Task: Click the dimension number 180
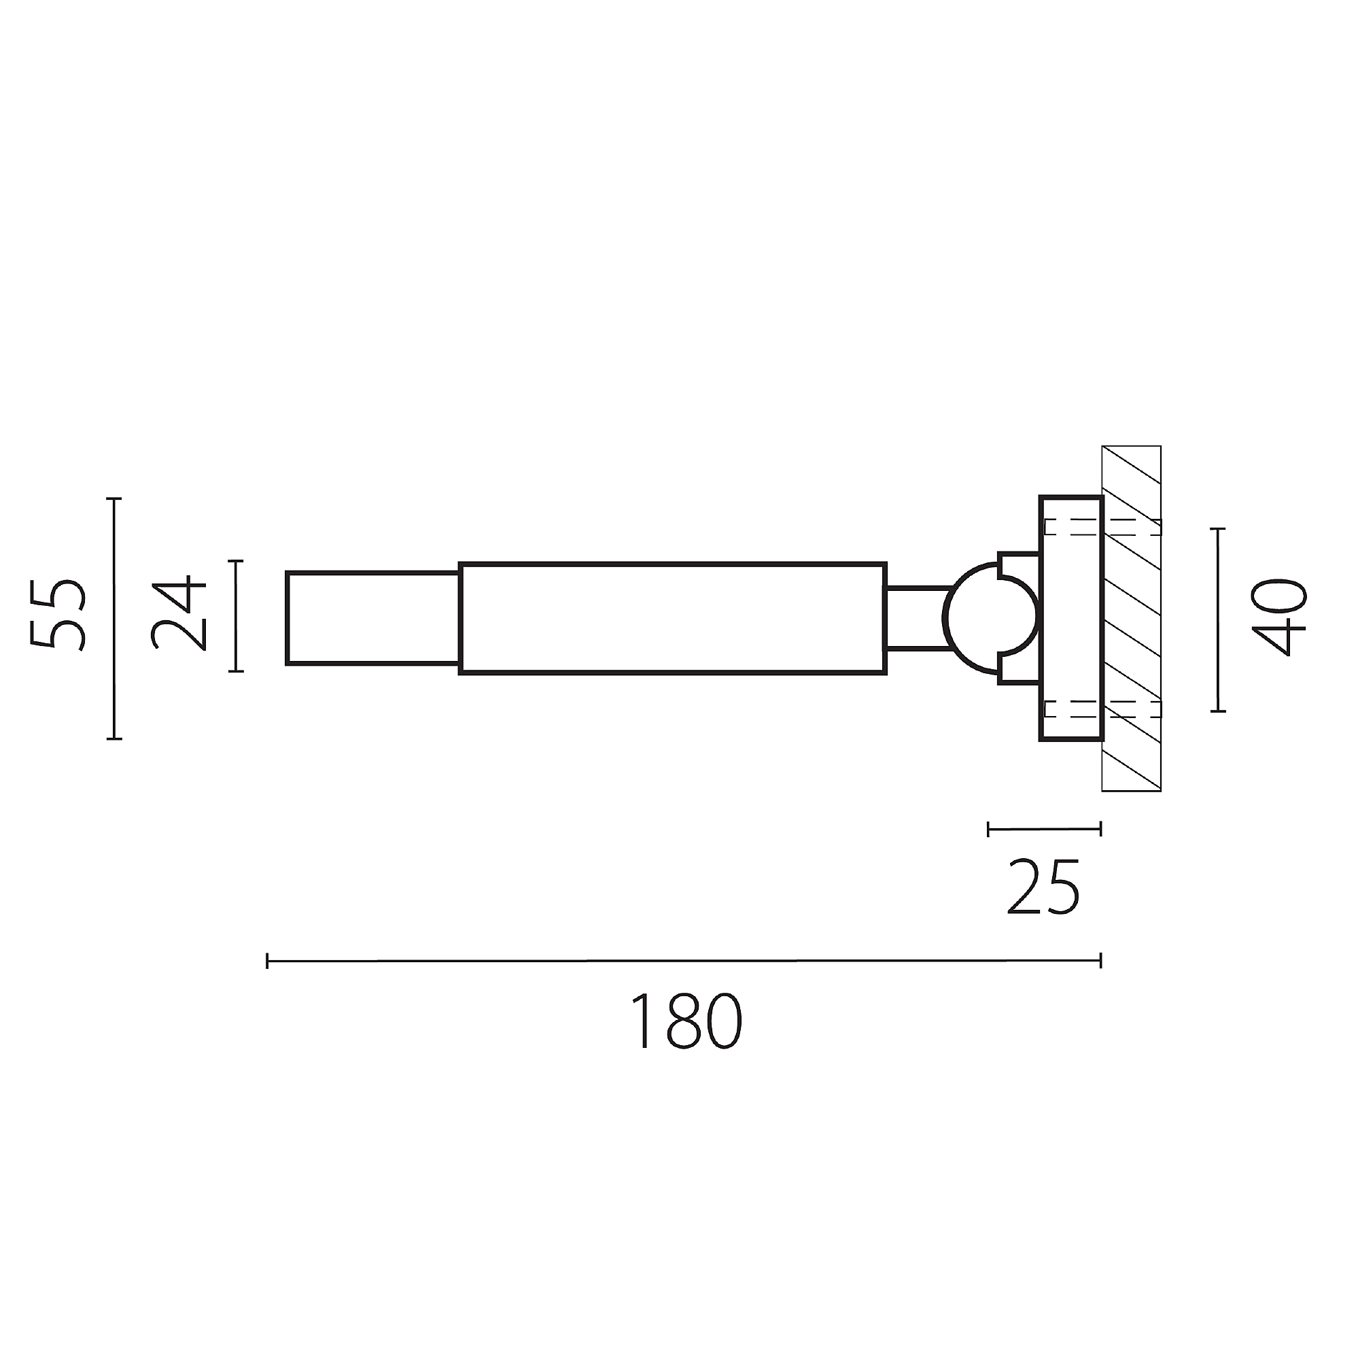coord(686,1021)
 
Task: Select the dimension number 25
coord(1043,887)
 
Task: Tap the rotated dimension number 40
coord(1279,618)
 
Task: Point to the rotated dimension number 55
coord(59,615)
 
